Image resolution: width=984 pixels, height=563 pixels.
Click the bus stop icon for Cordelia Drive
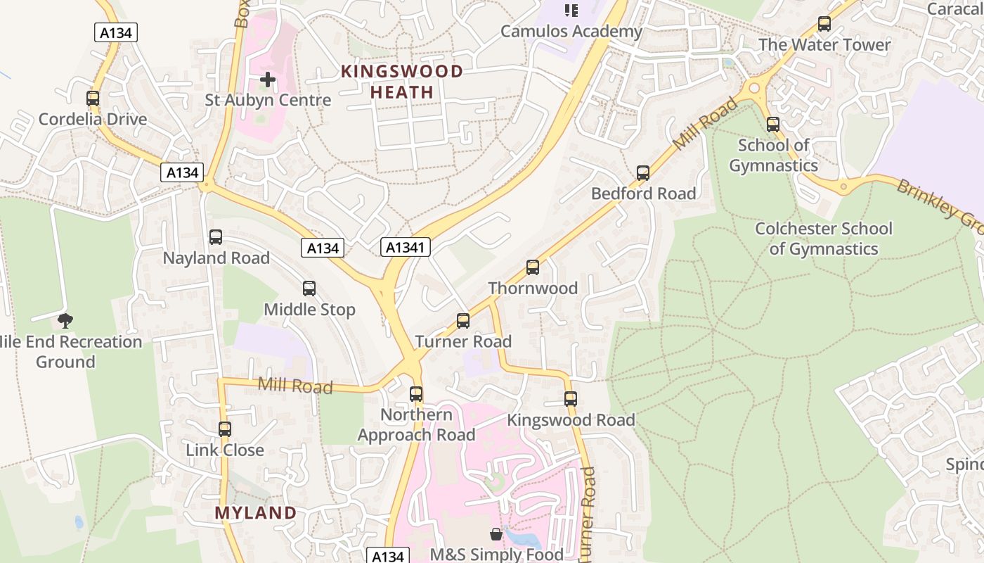[93, 99]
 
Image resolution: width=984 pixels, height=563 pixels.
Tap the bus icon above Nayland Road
[216, 237]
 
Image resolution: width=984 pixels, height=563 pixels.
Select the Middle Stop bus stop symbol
[309, 289]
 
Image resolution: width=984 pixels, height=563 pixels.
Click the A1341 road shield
[406, 247]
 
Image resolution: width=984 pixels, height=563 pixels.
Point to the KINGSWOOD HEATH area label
[402, 82]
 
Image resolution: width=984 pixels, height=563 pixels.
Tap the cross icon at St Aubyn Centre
[268, 80]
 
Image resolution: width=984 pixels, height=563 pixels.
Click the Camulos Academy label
[571, 32]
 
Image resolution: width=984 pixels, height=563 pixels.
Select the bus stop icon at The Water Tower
[824, 24]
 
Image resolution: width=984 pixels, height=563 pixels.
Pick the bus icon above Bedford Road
[643, 173]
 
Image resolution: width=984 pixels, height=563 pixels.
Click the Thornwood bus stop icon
[533, 267]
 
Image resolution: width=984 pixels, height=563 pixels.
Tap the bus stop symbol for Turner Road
[463, 321]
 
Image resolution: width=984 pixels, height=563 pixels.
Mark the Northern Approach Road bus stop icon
[416, 394]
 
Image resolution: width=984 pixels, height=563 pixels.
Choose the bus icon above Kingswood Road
[571, 399]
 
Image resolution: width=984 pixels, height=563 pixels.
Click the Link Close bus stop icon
[225, 429]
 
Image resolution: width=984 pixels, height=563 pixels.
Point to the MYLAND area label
[256, 513]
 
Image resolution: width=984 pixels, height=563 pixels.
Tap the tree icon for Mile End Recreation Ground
[65, 321]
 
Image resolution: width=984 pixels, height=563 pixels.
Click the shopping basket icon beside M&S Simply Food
[496, 535]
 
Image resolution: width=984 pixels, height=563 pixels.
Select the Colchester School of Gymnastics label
[823, 239]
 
